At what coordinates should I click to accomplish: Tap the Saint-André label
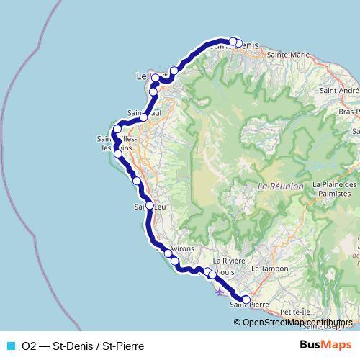coord(338,91)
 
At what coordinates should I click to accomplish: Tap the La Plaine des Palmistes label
coord(336,189)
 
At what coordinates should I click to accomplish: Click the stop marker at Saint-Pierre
coord(246,300)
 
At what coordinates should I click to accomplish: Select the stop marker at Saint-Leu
coord(150,205)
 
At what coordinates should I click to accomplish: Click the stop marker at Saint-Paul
coord(144,117)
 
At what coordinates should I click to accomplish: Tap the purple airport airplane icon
coord(220,292)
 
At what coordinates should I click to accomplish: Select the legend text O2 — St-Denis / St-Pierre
coord(83,346)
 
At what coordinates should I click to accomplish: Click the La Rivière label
coord(230,261)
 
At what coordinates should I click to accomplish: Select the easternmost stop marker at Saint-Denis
coord(239,42)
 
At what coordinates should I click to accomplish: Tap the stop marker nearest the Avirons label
coord(168,253)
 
